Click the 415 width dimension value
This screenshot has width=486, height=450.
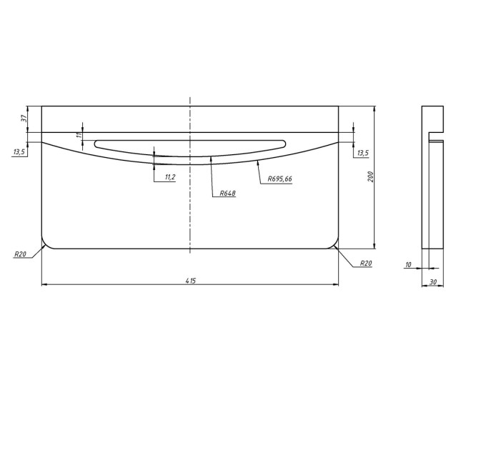[x=191, y=281]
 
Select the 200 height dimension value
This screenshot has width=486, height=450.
[x=370, y=176]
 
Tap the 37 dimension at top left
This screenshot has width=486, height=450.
[x=24, y=119]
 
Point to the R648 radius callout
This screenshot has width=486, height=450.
[x=228, y=194]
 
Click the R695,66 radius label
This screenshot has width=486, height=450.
[x=280, y=179]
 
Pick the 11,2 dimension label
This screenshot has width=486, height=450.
[x=170, y=177]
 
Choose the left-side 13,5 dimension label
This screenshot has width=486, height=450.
[x=19, y=151]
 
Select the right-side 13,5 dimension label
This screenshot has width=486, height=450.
[x=363, y=153]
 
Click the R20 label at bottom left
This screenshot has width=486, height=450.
[x=21, y=254]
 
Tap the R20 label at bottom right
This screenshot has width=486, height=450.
[x=366, y=264]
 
